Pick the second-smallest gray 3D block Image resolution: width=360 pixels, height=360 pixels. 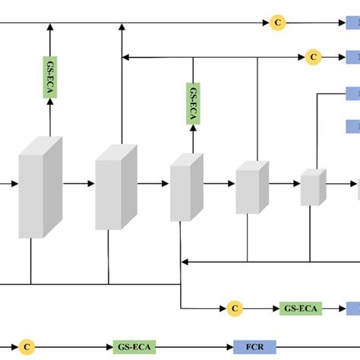pyautogui.click(x=251, y=186)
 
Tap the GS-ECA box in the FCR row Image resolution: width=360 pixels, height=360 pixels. pyautogui.click(x=134, y=346)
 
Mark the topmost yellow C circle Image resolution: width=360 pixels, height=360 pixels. pyautogui.click(x=278, y=24)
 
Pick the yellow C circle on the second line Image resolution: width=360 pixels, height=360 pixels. pyautogui.click(x=313, y=56)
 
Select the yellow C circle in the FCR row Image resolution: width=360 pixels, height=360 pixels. pyautogui.click(x=27, y=346)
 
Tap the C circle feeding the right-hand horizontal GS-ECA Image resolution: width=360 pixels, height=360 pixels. pyautogui.click(x=235, y=308)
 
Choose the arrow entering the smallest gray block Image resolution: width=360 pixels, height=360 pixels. pyautogui.click(x=284, y=184)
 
